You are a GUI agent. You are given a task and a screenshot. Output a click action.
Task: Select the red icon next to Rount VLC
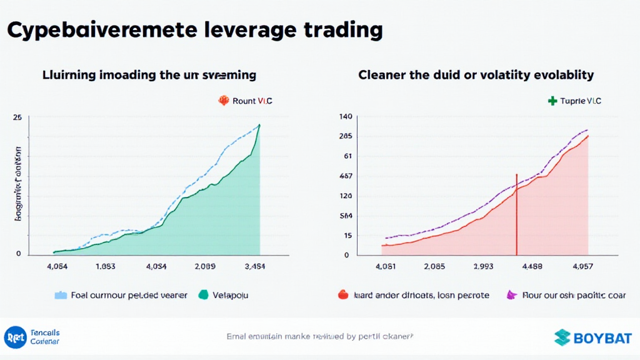click(x=222, y=100)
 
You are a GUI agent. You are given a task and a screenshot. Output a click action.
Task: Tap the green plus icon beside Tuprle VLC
click(x=552, y=101)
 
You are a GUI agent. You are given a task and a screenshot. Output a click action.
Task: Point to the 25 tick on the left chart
click(x=17, y=117)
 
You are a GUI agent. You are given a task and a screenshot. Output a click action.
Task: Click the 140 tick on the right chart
click(x=346, y=117)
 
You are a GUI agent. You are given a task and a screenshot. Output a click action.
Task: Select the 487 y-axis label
click(x=346, y=176)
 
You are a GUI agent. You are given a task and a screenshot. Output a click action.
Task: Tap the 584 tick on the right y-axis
click(x=346, y=216)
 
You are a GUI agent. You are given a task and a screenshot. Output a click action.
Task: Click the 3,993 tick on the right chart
click(x=484, y=266)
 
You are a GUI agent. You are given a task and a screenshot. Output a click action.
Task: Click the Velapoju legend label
click(x=232, y=295)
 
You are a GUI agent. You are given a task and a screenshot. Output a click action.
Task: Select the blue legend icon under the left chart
click(x=61, y=295)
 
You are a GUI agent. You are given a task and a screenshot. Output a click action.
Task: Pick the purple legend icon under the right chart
click(x=511, y=295)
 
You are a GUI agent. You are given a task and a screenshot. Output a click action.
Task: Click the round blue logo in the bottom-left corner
click(x=14, y=337)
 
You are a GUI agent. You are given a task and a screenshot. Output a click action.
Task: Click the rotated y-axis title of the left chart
click(x=17, y=185)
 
